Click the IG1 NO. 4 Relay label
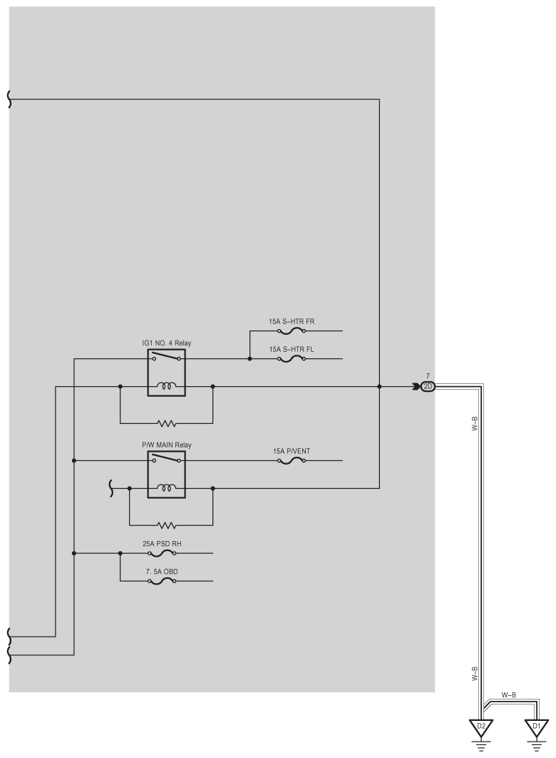(166, 343)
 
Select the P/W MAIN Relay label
(166, 445)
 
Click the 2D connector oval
(428, 387)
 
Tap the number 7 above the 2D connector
(427, 375)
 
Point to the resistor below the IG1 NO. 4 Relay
(166, 423)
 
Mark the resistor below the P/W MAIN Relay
(166, 525)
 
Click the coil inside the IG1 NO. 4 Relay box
(166, 388)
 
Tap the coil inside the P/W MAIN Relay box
(166, 489)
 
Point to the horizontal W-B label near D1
(509, 694)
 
